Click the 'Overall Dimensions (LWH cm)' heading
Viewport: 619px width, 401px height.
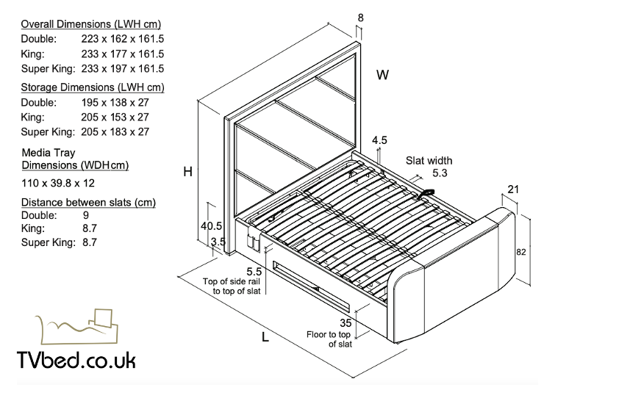click(x=91, y=24)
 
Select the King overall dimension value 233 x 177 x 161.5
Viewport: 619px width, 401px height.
click(x=123, y=54)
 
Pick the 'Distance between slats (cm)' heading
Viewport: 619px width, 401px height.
click(x=88, y=202)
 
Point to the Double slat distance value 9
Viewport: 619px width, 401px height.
click(x=87, y=215)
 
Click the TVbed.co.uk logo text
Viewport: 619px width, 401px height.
click(x=76, y=360)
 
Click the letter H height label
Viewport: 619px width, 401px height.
click(x=188, y=172)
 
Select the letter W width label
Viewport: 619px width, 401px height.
click(x=383, y=75)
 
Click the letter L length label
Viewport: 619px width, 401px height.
click(x=265, y=338)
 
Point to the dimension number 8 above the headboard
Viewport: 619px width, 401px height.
click(x=359, y=18)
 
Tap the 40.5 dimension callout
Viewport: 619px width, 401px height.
click(x=212, y=226)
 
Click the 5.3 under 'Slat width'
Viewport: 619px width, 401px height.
click(x=440, y=173)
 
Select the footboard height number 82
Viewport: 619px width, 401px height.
click(x=520, y=252)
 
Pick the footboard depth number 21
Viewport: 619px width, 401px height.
click(x=513, y=189)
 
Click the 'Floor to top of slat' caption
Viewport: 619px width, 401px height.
click(x=329, y=339)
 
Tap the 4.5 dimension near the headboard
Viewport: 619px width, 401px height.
click(x=380, y=140)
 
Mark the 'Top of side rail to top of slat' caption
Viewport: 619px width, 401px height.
click(x=233, y=286)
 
